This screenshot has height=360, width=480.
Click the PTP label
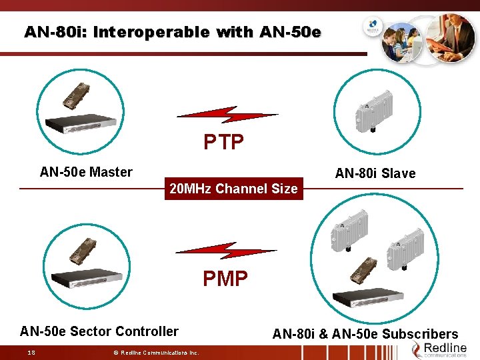tap(224, 142)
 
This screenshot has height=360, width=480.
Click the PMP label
tap(225, 278)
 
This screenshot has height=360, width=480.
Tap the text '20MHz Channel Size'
tap(233, 189)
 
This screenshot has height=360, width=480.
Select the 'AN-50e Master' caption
tap(86, 172)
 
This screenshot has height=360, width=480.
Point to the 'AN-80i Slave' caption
tap(375, 174)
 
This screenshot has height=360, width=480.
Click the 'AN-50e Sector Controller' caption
tap(99, 331)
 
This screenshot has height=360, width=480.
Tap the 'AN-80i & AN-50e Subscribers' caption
tap(365, 334)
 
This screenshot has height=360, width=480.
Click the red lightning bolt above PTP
tap(227, 115)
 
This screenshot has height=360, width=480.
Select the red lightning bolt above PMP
tap(225, 251)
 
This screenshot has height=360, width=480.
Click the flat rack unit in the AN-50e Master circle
tap(80, 123)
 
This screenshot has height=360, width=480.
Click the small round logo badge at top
tap(371, 29)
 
